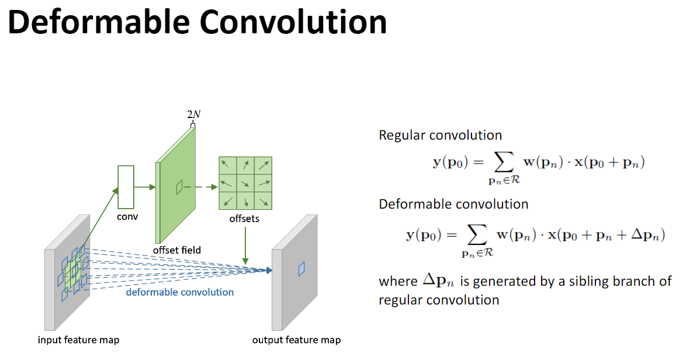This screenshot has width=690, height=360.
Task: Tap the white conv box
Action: point(126,187)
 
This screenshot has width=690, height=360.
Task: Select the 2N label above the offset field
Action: point(193,115)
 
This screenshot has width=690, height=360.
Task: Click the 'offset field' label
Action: point(176,250)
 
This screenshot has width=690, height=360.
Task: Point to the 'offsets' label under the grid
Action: point(244,219)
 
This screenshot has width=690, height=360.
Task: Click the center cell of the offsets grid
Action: point(245,183)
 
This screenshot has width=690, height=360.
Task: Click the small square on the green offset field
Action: point(179,187)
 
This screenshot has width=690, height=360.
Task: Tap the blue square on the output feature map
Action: point(301,268)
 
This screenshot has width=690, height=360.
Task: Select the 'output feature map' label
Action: point(296,340)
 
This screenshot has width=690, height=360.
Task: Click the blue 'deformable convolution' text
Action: point(180,292)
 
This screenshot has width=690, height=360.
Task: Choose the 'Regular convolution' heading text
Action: point(440,135)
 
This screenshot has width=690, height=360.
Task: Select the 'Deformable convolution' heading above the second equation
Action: point(453,204)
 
